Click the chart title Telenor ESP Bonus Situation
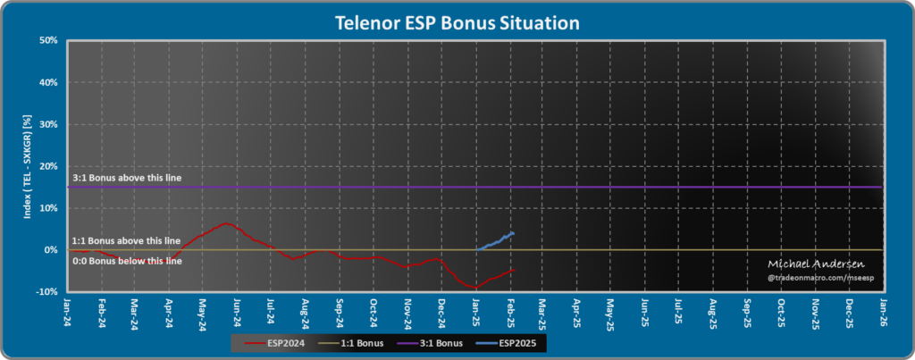(457, 21)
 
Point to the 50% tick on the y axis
(48, 41)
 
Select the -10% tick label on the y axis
(46, 292)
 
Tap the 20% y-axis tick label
(48, 166)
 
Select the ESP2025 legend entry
(513, 343)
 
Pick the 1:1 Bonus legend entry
(361, 343)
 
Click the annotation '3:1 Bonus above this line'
(128, 179)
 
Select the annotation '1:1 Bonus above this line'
(126, 241)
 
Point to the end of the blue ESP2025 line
(513, 233)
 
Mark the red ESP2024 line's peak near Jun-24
(226, 223)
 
